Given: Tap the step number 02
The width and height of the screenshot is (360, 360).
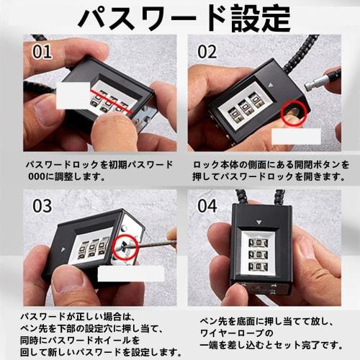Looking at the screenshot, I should tap(208, 52).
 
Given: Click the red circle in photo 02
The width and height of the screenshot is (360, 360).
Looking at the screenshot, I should tap(294, 113).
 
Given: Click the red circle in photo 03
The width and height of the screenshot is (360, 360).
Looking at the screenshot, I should tap(127, 246).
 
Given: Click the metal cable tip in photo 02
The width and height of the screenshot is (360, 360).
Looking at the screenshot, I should tap(317, 85).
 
